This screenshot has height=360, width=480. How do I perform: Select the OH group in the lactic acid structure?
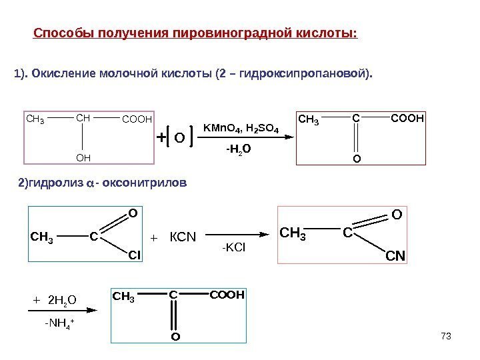83,159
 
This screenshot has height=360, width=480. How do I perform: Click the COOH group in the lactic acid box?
137,120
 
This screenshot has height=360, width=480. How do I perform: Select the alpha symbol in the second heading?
91,183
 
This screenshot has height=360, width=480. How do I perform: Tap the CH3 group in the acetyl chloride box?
42,235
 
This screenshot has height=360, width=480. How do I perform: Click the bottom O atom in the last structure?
175,337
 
